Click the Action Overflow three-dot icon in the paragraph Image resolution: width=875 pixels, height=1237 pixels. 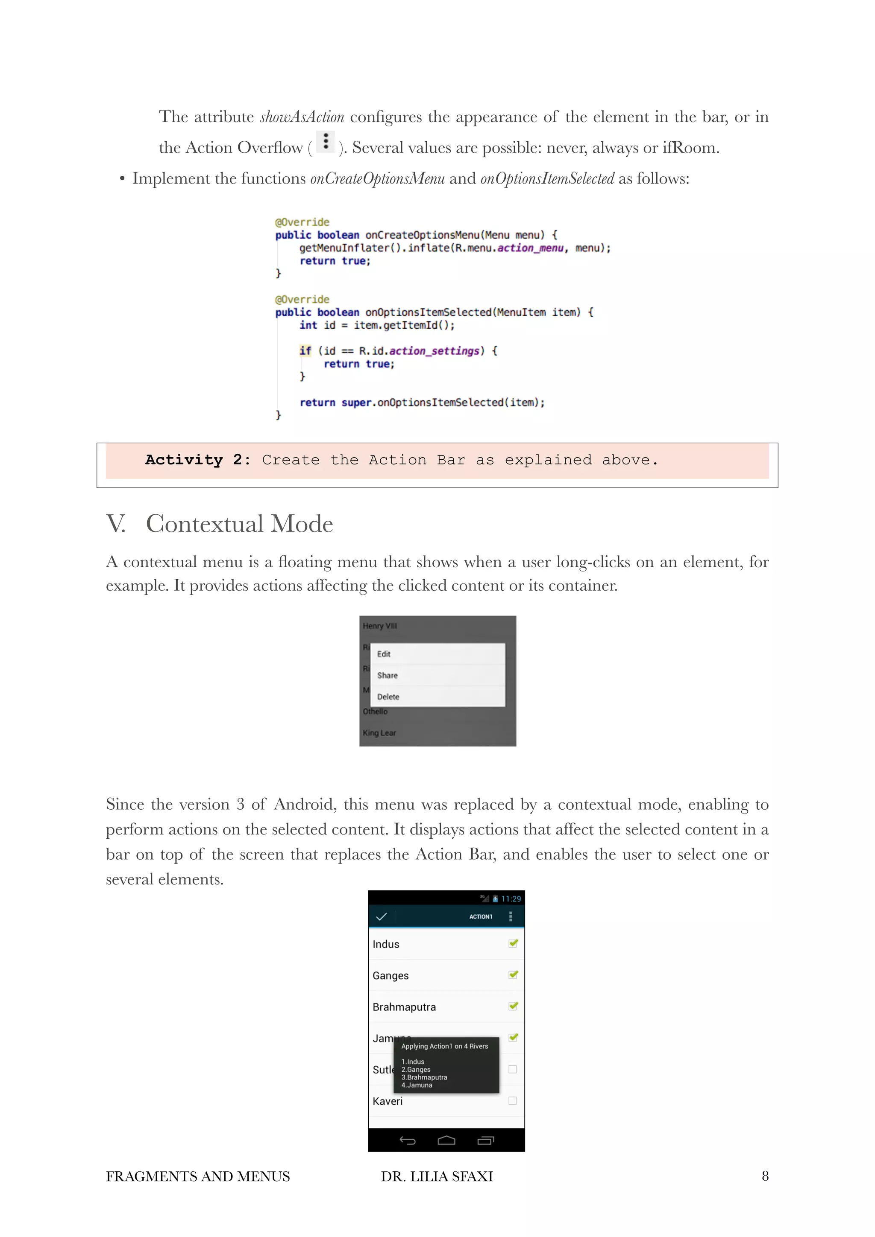pyautogui.click(x=325, y=142)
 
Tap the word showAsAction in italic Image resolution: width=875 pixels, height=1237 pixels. pyautogui.click(x=302, y=117)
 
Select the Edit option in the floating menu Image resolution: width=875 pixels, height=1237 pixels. pyautogui.click(x=384, y=654)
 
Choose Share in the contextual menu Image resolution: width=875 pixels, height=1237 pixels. pyautogui.click(x=387, y=676)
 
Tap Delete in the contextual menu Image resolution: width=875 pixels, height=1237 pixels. pyautogui.click(x=388, y=697)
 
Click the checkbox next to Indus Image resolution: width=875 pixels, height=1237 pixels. pyautogui.click(x=513, y=943)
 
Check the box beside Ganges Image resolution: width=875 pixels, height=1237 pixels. pyautogui.click(x=513, y=974)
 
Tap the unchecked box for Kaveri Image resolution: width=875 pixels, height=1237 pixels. pyautogui.click(x=512, y=1101)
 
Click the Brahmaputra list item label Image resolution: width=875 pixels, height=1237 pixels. pyautogui.click(x=404, y=1007)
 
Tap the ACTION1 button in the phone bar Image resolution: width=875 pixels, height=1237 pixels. pyautogui.click(x=480, y=916)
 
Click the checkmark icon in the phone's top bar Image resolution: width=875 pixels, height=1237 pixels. pyautogui.click(x=381, y=916)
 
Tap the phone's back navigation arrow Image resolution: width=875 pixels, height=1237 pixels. pyautogui.click(x=407, y=1141)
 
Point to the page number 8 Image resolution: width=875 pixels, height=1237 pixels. pyautogui.click(x=764, y=1176)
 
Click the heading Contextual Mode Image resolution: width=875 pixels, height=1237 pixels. pyautogui.click(x=239, y=524)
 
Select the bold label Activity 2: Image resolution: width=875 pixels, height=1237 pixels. pyautogui.click(x=197, y=460)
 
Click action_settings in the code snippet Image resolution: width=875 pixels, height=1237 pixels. pyautogui.click(x=434, y=351)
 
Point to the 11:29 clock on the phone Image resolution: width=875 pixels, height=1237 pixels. pyautogui.click(x=511, y=899)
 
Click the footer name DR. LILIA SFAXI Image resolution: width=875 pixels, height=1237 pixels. pyautogui.click(x=437, y=1177)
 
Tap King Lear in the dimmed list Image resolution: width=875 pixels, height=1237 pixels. pyautogui.click(x=379, y=733)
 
